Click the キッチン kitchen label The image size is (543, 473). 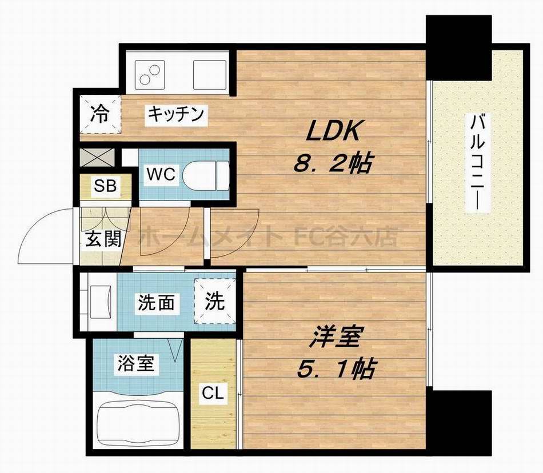pyautogui.click(x=176, y=114)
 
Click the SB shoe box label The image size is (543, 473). pyautogui.click(x=105, y=186)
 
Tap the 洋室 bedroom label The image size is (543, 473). pyautogui.click(x=335, y=338)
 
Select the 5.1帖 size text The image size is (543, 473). pyautogui.click(x=335, y=370)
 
